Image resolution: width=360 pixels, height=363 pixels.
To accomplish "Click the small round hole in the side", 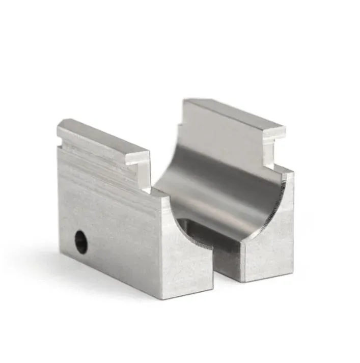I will (80, 241).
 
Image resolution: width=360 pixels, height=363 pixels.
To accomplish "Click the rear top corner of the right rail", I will (187, 101).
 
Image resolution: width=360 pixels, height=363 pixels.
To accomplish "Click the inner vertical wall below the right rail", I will (267, 153).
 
